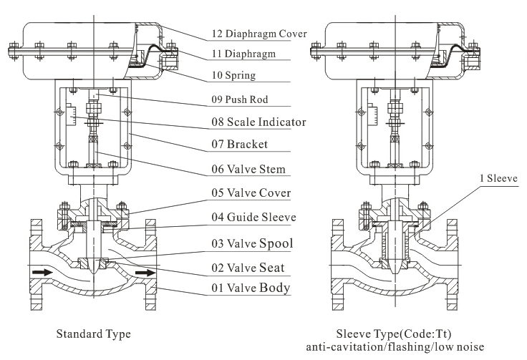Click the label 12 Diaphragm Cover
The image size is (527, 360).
point(258,34)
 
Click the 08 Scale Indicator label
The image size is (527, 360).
point(258,122)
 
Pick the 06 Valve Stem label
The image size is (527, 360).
point(248,170)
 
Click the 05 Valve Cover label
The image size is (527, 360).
point(251,193)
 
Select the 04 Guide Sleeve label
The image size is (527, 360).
point(253,218)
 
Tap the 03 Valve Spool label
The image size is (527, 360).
point(251,243)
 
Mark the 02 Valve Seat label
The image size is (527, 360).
point(248,268)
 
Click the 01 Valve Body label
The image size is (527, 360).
point(251,288)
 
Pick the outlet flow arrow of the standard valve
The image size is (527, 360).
point(145,273)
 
